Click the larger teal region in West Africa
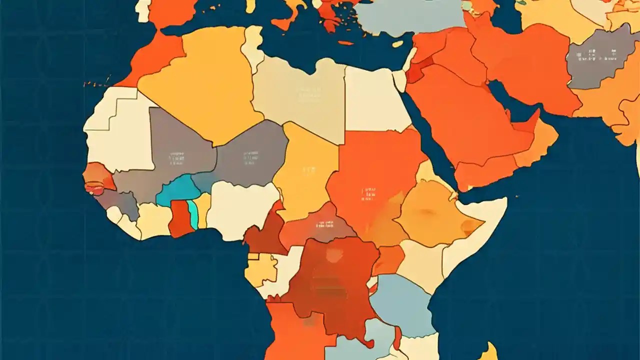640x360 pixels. point(177,190)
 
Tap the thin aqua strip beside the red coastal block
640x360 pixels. point(192,213)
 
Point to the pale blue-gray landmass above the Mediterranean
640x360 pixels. point(410,17)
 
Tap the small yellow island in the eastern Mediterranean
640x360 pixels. point(397,44)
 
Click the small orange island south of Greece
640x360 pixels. point(345,43)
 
